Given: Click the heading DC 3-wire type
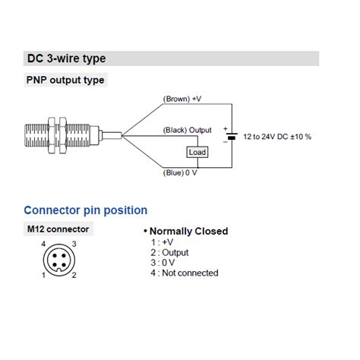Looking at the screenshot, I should point(66,58).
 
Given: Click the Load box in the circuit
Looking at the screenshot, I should point(197,152).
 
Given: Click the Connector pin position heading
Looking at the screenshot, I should point(86,210).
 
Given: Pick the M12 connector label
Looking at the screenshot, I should point(58,229).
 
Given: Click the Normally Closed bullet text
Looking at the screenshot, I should point(187,231).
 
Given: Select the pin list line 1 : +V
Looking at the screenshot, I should point(162,242).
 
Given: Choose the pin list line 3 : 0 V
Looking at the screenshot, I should point(163,263).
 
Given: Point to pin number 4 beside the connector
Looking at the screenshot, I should point(43,244).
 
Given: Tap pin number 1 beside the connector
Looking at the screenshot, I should point(43,274).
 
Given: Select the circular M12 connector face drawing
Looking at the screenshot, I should point(58,259).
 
